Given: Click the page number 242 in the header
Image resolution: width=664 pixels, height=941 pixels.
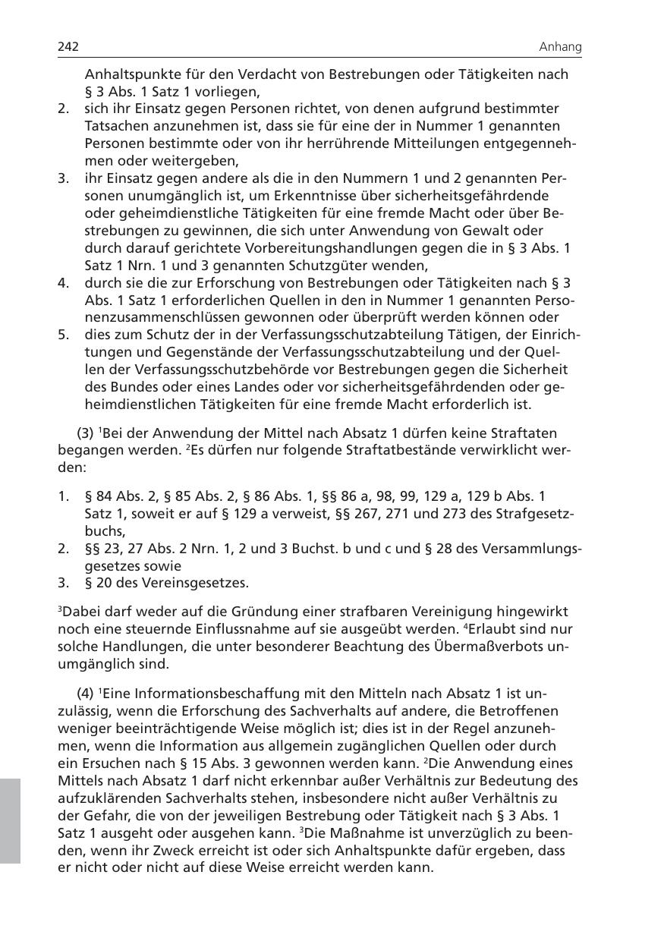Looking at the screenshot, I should click(68, 47).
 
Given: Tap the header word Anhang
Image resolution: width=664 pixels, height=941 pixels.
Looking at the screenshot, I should click(560, 47).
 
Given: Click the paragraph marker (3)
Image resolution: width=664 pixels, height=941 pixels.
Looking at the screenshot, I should click(86, 433).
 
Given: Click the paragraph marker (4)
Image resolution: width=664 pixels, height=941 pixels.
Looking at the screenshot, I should click(86, 694).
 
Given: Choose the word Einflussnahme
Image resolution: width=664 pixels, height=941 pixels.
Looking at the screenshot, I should click(261, 629).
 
